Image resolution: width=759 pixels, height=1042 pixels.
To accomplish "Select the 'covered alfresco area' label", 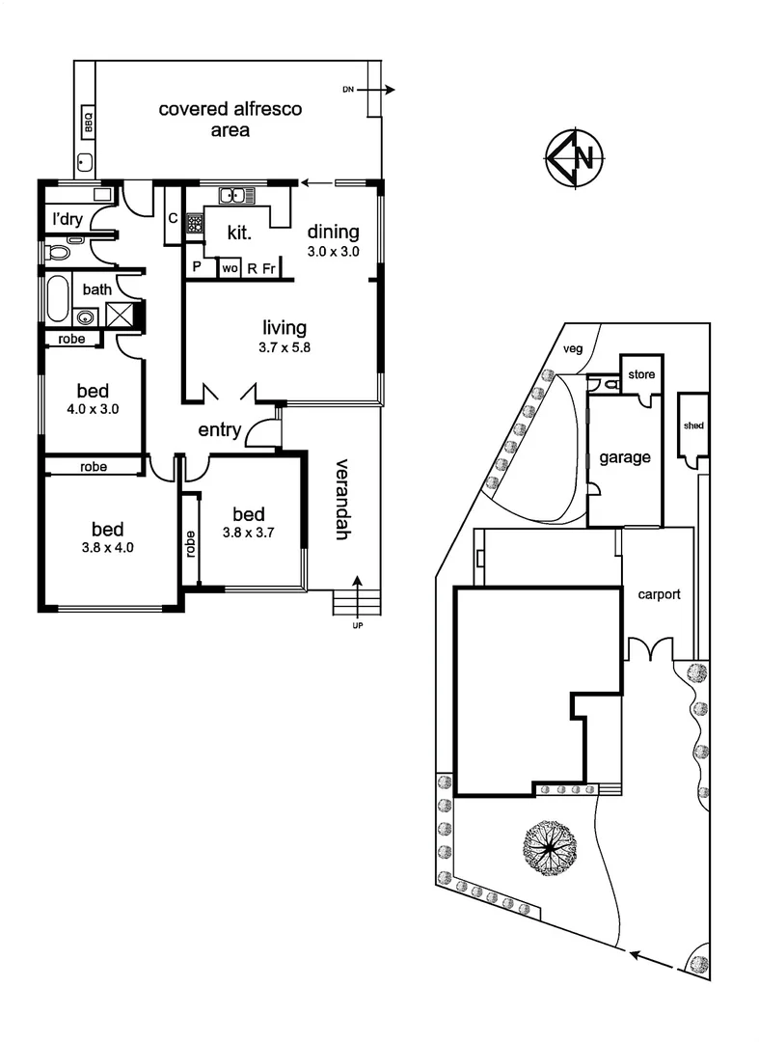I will [230, 120].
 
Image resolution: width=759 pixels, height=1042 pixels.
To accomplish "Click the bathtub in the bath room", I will [56, 298].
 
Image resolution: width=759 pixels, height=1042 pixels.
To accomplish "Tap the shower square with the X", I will [122, 315].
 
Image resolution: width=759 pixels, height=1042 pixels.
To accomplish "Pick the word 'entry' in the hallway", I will [219, 430].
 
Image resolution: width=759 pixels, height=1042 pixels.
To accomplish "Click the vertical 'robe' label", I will [191, 546].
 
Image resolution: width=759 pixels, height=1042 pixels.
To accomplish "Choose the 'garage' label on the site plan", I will [624, 458].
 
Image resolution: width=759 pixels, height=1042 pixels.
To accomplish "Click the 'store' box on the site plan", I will [640, 373].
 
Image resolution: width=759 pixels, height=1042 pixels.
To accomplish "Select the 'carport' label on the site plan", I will [659, 594].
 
